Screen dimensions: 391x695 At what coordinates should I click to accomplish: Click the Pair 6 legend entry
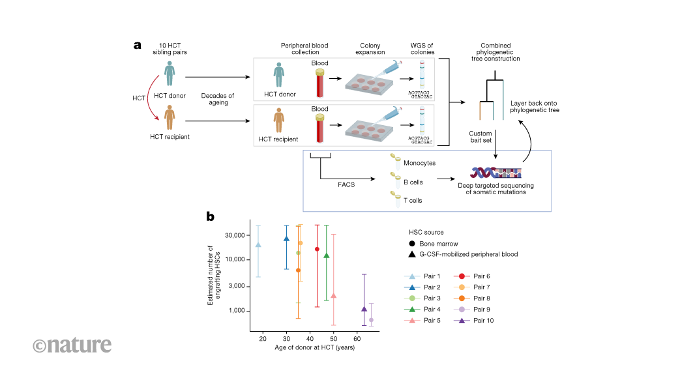click(x=473, y=276)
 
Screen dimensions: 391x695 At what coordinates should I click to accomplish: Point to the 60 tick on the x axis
click(x=357, y=340)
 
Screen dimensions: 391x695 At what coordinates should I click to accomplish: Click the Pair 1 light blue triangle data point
click(x=258, y=245)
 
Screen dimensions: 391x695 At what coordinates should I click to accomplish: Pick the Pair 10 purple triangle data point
click(x=364, y=309)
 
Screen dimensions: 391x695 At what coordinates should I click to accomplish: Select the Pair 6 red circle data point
click(x=317, y=249)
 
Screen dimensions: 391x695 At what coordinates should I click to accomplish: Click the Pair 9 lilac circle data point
click(x=371, y=320)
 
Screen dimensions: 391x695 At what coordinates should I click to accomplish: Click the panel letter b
click(x=211, y=216)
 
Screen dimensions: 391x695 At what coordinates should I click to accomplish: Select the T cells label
click(x=413, y=200)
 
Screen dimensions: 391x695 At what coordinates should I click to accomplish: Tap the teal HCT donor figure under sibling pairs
click(x=170, y=74)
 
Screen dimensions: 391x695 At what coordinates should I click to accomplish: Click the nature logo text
click(x=72, y=344)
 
